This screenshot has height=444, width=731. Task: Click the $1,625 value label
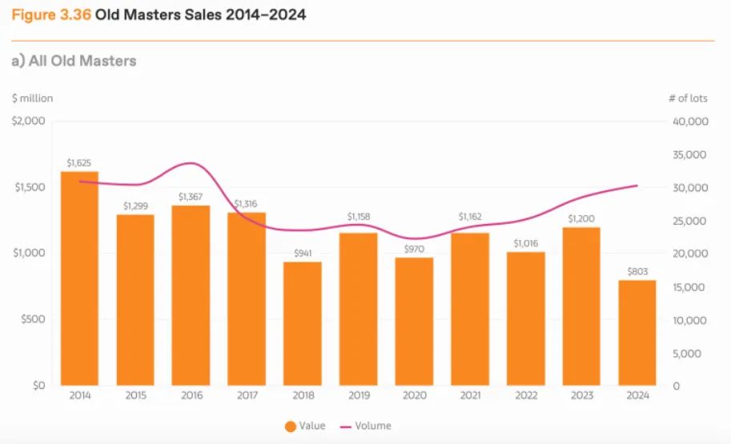79,163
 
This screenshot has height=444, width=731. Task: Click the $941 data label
302,254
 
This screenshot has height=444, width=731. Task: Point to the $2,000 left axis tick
28,122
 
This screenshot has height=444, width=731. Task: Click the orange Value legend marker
290,426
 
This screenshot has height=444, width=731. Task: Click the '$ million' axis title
33,98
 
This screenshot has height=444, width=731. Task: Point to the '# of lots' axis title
688,98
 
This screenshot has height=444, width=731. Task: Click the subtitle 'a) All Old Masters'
74,61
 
